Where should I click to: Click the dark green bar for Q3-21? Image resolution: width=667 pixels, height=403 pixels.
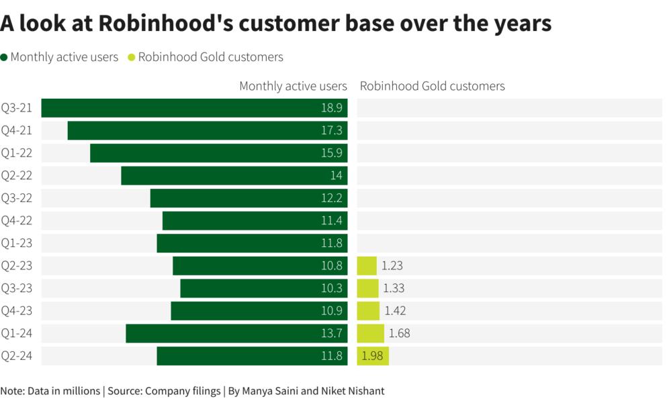(x=194, y=108)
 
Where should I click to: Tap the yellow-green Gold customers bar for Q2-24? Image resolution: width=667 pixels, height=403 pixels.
(x=373, y=356)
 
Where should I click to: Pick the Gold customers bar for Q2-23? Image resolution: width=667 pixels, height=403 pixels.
(x=367, y=266)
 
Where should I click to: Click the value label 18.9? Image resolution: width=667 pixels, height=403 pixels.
(x=331, y=108)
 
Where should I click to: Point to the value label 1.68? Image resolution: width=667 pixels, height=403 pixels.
(x=399, y=333)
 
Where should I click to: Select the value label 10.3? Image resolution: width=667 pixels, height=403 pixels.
(x=331, y=288)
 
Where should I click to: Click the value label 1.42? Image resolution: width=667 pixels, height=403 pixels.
(x=395, y=311)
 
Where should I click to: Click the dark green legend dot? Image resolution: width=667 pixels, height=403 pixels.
(x=5, y=57)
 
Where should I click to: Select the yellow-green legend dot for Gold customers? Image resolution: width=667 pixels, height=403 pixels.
(x=131, y=57)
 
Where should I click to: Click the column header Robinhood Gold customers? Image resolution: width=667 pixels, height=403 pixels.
(x=432, y=86)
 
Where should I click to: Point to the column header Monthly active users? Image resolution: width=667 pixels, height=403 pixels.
(x=293, y=86)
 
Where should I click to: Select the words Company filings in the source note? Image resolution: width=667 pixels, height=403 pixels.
(x=183, y=391)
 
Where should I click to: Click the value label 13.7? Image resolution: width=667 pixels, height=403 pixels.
(x=331, y=333)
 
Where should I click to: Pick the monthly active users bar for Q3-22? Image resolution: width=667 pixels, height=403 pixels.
(x=249, y=198)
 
